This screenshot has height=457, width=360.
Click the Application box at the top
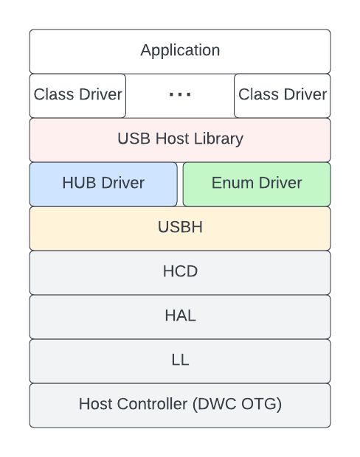tap(180, 51)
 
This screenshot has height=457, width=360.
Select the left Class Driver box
tap(77, 95)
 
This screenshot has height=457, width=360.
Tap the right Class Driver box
tap(283, 95)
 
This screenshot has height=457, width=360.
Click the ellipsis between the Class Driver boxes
tap(180, 95)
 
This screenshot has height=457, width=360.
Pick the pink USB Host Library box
tap(180, 139)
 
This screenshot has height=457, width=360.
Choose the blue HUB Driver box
tap(103, 184)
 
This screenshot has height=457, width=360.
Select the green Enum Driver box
tap(257, 184)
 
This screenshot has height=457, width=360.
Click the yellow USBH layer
tap(180, 228)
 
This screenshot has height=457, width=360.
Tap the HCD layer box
tap(180, 272)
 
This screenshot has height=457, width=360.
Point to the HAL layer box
tap(180, 316)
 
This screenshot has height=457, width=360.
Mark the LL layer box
tap(180, 360)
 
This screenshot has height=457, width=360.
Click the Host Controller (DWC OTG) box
tap(180, 405)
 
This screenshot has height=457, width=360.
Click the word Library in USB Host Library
tap(219, 139)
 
